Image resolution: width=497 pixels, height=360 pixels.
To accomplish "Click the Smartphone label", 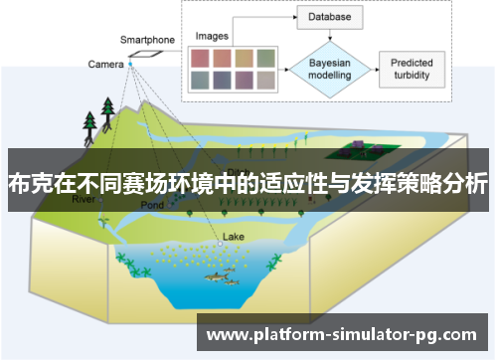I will tap(147, 40).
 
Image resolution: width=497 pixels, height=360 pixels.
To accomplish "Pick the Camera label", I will tap(104, 64).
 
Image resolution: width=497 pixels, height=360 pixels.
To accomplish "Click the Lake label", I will tap(233, 237).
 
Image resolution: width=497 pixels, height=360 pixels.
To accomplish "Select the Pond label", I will tap(152, 205).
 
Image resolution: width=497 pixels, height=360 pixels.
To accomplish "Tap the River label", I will tap(86, 199).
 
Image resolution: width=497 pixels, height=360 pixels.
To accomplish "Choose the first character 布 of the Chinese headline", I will tap(19, 184).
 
